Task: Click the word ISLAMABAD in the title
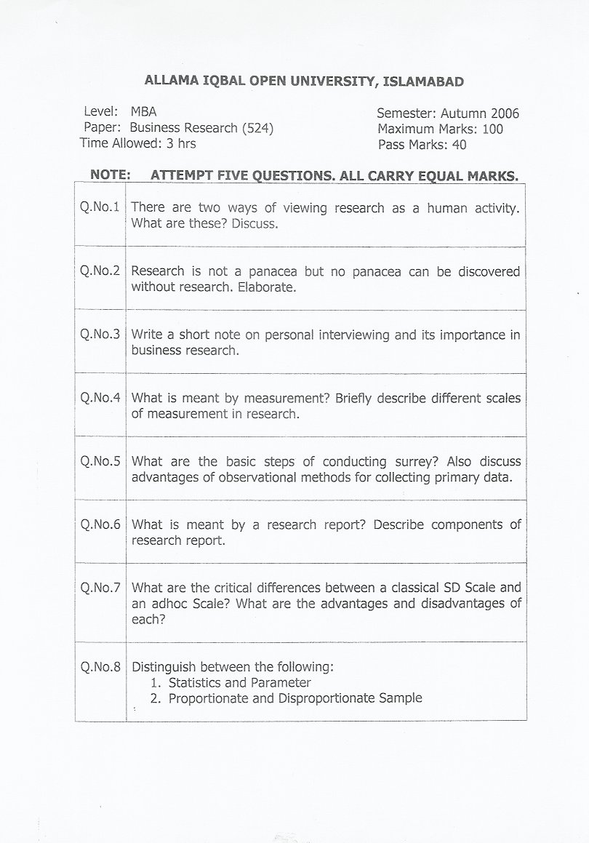422,81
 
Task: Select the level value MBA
143,112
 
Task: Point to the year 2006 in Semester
505,113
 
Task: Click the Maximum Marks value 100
491,129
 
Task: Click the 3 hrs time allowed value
181,143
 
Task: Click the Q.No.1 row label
100,207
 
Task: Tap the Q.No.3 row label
100,335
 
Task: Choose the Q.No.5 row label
100,461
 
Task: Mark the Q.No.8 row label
100,666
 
